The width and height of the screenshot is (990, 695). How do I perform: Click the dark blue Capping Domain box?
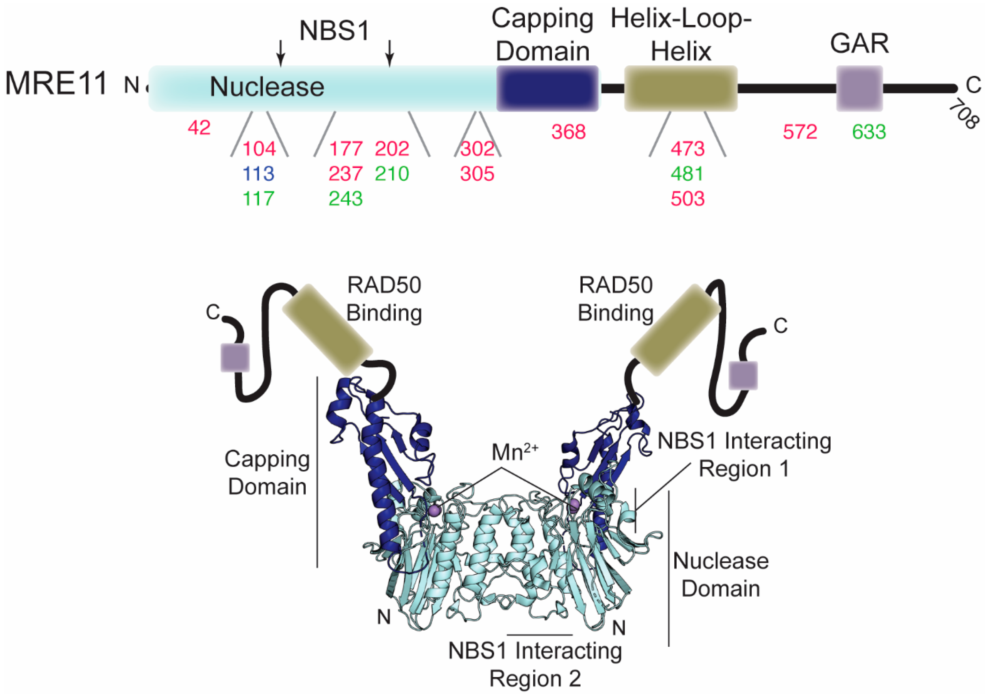click(x=547, y=88)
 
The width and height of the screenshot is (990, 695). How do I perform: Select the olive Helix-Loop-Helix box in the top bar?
click(x=681, y=88)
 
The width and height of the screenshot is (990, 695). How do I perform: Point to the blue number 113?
click(x=258, y=174)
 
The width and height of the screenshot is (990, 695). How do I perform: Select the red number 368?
click(x=568, y=132)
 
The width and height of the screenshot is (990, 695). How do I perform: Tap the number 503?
click(x=687, y=199)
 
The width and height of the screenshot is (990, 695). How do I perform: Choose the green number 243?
click(x=345, y=199)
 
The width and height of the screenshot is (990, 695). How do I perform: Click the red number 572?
click(x=800, y=132)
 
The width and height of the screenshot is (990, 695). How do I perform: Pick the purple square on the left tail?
click(x=235, y=358)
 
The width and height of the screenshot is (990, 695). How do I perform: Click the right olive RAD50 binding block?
click(x=675, y=330)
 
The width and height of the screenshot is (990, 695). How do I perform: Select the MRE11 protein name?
click(x=56, y=84)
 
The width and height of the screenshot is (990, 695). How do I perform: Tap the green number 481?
click(x=687, y=174)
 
